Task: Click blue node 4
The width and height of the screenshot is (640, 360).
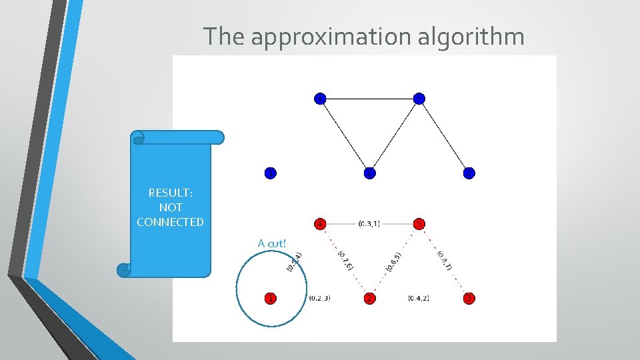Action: coord(321,99)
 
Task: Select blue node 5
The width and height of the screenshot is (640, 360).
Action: coord(419,99)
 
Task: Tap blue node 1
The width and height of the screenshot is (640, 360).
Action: coord(269,173)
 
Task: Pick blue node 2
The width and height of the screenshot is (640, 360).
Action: coord(370,173)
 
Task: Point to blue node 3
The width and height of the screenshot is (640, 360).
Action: coord(469,173)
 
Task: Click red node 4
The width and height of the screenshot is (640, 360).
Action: coord(321,223)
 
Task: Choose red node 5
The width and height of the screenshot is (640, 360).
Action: coord(419,223)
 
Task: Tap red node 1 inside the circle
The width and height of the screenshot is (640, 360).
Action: coord(269,298)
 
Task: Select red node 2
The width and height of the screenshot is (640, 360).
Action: coord(370,298)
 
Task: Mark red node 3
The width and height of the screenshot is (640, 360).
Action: coord(469,298)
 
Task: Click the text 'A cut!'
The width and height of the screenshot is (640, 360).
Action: coord(271,243)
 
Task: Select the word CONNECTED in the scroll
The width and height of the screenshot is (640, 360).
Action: coord(170,222)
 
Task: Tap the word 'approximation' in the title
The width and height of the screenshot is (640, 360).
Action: coord(332,37)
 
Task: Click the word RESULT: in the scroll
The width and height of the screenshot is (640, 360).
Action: coord(170,193)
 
